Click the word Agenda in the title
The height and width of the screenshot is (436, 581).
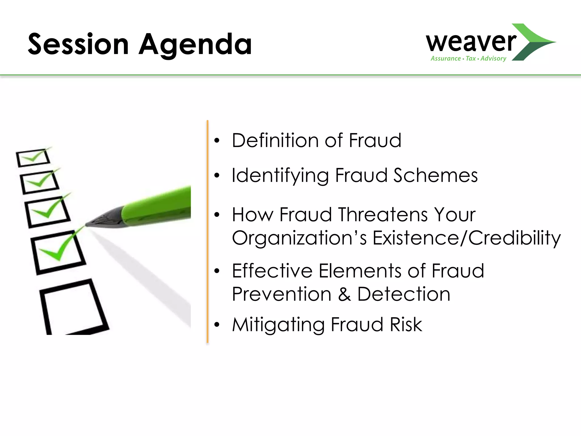tap(195, 45)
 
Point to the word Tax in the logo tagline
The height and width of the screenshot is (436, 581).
tap(471, 58)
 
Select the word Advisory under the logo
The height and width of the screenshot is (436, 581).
tap(493, 58)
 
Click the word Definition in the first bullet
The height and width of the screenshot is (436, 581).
tap(275, 140)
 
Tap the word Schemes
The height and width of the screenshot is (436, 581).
tap(435, 175)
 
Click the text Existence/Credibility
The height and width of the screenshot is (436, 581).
tap(466, 238)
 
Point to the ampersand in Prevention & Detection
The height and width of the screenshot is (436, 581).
tap(344, 294)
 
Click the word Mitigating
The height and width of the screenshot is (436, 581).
tap(278, 324)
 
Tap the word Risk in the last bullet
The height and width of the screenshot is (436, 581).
tap(406, 324)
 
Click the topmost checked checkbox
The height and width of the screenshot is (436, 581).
tap(33, 158)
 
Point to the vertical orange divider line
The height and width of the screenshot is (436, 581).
tap(208, 231)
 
